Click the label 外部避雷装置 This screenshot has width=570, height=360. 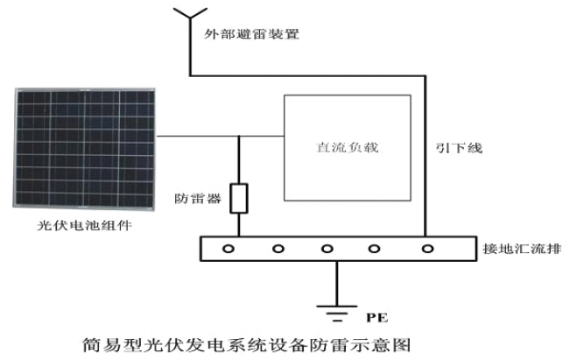(251, 34)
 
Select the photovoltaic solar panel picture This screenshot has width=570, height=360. (84, 149)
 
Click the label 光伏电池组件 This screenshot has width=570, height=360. (84, 225)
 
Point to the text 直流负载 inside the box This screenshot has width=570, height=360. (348, 147)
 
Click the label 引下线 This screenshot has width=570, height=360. (459, 148)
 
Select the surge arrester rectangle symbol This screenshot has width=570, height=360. (239, 198)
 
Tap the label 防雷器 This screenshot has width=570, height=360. (198, 199)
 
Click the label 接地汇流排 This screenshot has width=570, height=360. (522, 249)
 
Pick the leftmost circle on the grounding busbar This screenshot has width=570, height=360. (229, 249)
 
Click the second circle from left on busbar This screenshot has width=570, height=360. (278, 249)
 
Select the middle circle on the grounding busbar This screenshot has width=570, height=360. (327, 249)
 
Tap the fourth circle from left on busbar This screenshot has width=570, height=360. (374, 249)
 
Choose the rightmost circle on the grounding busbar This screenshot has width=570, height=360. (427, 249)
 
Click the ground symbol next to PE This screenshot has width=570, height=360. (337, 313)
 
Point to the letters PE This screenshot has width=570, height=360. (377, 317)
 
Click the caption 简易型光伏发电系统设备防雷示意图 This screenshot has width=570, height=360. (246, 345)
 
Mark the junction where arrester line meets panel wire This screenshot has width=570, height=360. (239, 137)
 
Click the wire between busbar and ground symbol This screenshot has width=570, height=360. (337, 283)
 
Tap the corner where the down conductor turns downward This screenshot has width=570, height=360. (425, 76)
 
